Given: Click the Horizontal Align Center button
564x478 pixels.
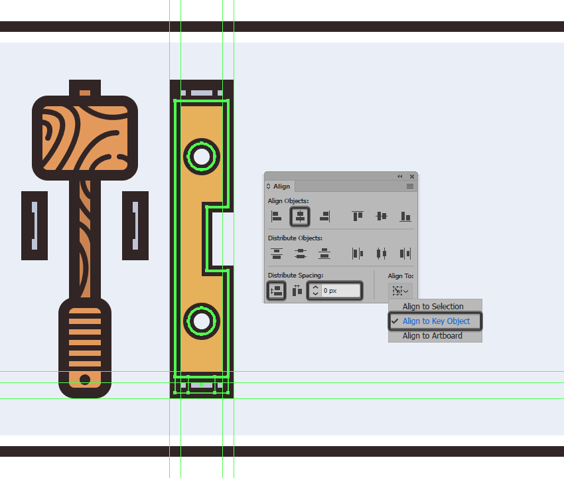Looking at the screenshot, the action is click(x=300, y=216).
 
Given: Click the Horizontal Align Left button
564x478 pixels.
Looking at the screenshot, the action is click(x=276, y=216).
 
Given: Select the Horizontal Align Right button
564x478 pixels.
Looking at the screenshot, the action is click(x=324, y=216).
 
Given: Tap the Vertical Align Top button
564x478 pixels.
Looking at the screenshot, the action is click(x=358, y=216).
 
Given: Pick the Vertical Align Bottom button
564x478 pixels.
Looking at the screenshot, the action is click(x=405, y=216).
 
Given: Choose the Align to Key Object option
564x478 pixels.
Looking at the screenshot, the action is click(x=436, y=321).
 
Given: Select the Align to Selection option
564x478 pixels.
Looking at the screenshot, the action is click(x=433, y=306).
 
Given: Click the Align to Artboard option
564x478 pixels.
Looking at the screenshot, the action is click(x=433, y=335).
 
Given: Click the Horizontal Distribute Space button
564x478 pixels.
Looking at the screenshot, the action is click(x=297, y=291).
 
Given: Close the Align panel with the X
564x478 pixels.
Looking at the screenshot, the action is click(x=412, y=177).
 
